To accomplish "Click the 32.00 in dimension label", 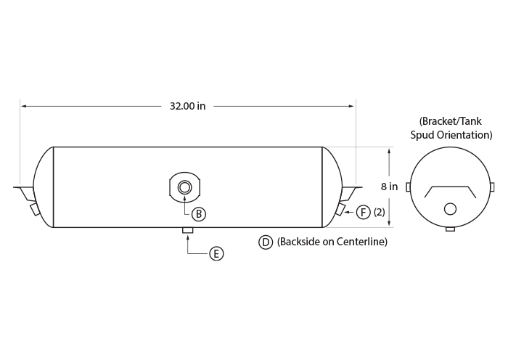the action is coord(187,106).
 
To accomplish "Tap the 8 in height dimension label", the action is coord(389,187).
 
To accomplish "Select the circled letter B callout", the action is coord(199,214).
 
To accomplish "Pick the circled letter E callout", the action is coord(216,253).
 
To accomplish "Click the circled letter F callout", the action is coord(363,212).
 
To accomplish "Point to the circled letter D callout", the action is coord(266,242).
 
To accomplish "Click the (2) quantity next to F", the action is coord(380,212).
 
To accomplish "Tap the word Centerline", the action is coord(361,242).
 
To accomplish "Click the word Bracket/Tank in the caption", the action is coord(451,121).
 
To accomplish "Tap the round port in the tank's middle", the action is coord(184,187).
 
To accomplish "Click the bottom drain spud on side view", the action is coord(188,230).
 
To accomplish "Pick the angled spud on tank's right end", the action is coord(340,209).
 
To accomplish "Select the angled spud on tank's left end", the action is coord(35,209).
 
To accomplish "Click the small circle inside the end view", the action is coord(450,209).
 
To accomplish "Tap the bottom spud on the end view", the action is coord(451,229).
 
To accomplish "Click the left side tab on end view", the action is coord(408,187).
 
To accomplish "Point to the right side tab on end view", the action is coord(492,187).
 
